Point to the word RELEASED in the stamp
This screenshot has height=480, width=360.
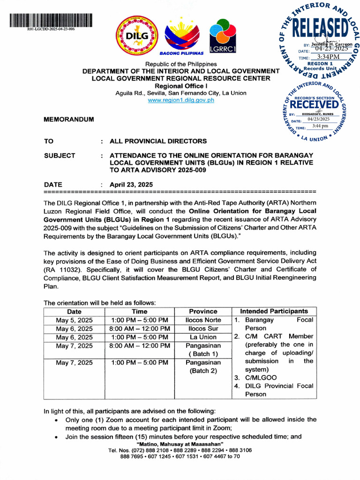(321, 29)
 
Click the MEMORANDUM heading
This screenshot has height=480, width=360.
(68, 120)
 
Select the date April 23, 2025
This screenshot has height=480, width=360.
(131, 185)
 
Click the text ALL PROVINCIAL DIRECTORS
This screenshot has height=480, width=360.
(158, 141)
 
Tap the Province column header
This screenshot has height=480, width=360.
(203, 311)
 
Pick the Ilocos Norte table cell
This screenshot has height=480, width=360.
(203, 320)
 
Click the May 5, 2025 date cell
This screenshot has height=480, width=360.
(74, 320)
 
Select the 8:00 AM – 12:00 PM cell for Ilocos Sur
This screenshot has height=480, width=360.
(139, 329)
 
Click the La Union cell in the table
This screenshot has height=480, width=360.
(203, 337)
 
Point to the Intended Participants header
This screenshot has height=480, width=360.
(274, 311)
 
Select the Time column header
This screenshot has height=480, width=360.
(139, 311)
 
